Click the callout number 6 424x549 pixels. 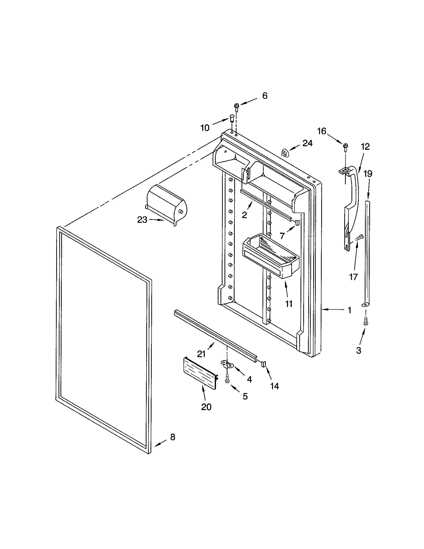tap(265, 96)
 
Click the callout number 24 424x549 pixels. tap(307, 143)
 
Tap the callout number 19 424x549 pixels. tap(368, 174)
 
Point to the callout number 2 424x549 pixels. tap(244, 215)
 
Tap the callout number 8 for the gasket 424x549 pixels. tap(173, 437)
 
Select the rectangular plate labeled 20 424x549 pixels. tap(200, 373)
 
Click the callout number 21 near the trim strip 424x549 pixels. tap(201, 354)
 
